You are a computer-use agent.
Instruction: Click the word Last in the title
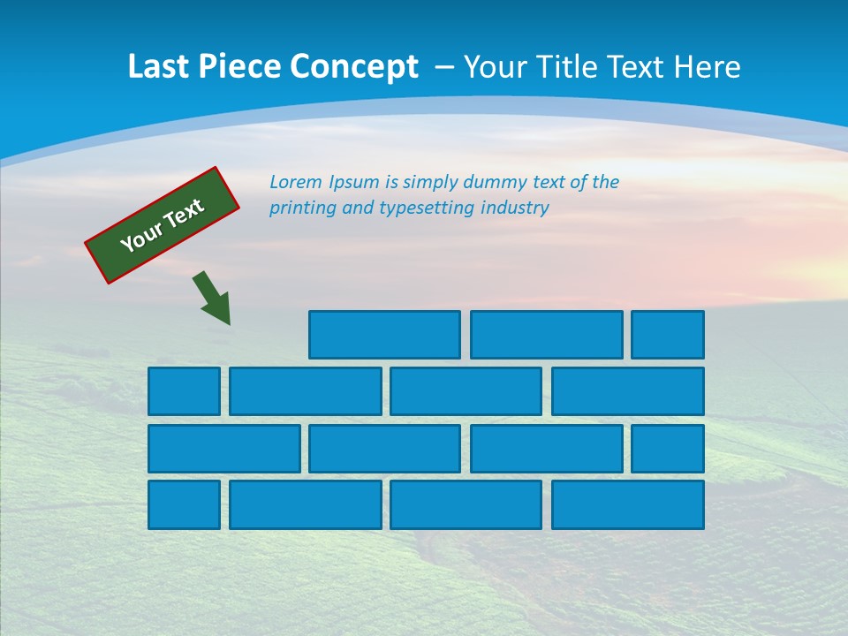click(x=158, y=67)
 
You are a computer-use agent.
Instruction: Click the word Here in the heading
click(x=707, y=67)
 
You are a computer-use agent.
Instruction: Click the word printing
click(x=301, y=208)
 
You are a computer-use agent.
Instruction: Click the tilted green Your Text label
click(x=163, y=225)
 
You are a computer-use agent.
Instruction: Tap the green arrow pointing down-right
click(x=212, y=298)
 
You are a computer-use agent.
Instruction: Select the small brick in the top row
click(x=668, y=335)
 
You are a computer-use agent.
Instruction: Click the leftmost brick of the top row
click(x=384, y=335)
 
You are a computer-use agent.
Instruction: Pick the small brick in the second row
click(x=184, y=391)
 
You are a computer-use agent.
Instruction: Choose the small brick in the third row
click(x=668, y=449)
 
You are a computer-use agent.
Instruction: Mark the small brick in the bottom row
click(x=184, y=505)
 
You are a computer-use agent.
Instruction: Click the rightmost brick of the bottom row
click(x=628, y=505)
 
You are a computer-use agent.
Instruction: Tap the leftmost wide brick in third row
click(x=224, y=449)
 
